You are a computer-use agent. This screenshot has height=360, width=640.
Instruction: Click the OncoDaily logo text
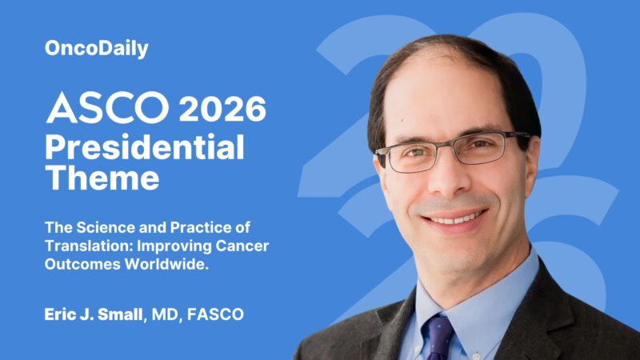[96, 49]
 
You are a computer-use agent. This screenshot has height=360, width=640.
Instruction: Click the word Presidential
[145, 147]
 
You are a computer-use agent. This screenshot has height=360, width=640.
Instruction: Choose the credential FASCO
[217, 314]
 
